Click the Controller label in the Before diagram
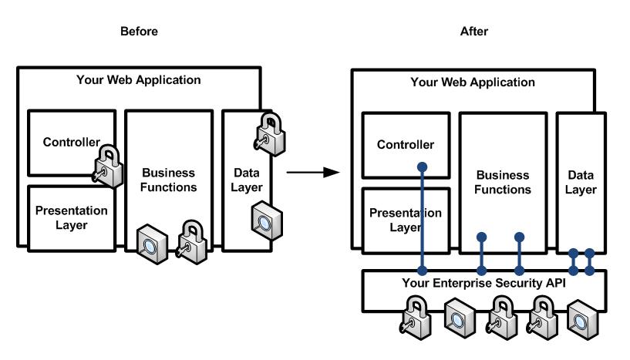72,142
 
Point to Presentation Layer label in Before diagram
71,217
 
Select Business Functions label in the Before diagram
169,179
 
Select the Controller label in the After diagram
406,145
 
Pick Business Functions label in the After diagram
503,182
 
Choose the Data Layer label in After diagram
580,182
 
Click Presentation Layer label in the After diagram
406,220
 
